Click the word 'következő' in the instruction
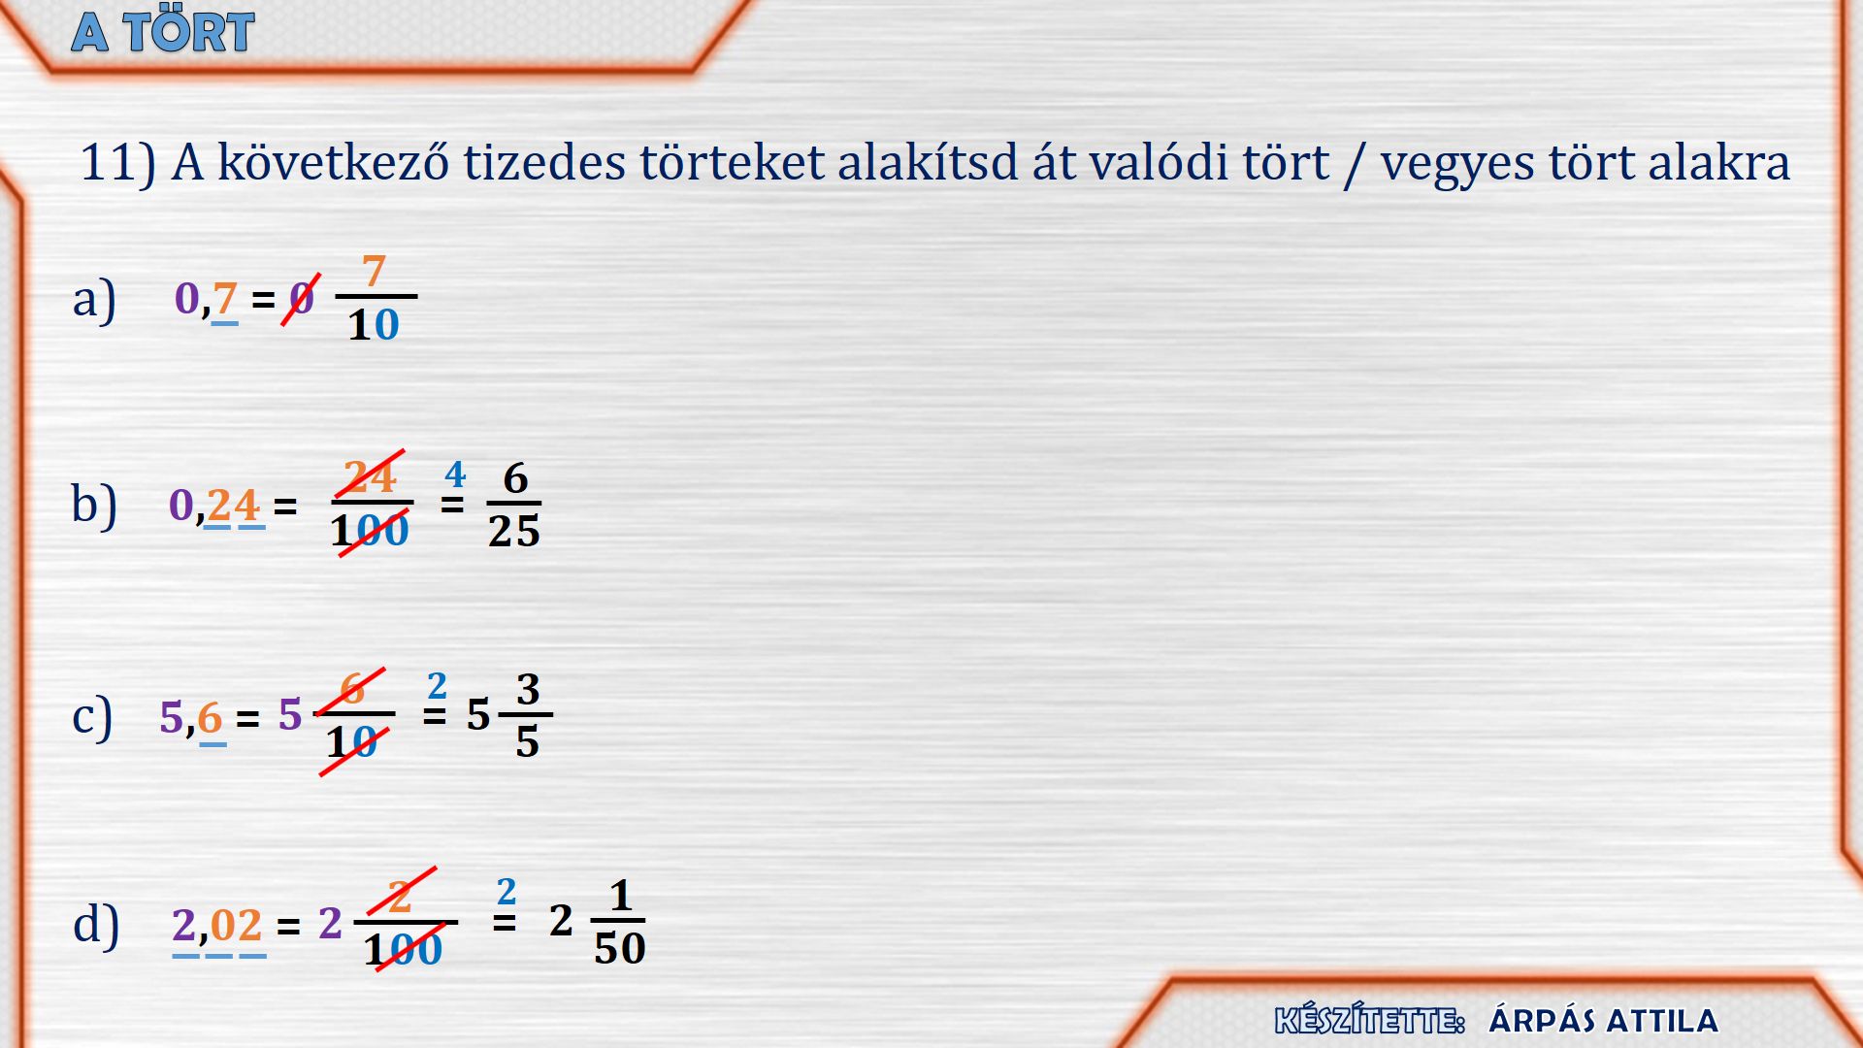click(x=333, y=162)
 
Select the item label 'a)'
click(x=94, y=299)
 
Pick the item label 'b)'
click(x=94, y=505)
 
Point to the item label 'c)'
click(x=92, y=718)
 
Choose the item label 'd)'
click(x=96, y=924)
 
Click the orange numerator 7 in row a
click(x=374, y=271)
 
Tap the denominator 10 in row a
click(x=374, y=324)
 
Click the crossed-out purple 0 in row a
click(x=302, y=298)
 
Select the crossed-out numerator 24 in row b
click(x=370, y=476)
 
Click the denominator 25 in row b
click(x=513, y=531)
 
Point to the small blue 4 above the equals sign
click(x=455, y=474)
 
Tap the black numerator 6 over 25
click(x=515, y=478)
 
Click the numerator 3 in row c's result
click(x=527, y=690)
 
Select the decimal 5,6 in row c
click(x=191, y=719)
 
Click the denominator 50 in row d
click(x=620, y=948)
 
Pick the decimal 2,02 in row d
click(x=216, y=925)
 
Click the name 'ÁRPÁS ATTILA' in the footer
click(x=1603, y=1021)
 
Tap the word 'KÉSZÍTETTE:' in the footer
click(x=1369, y=1021)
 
